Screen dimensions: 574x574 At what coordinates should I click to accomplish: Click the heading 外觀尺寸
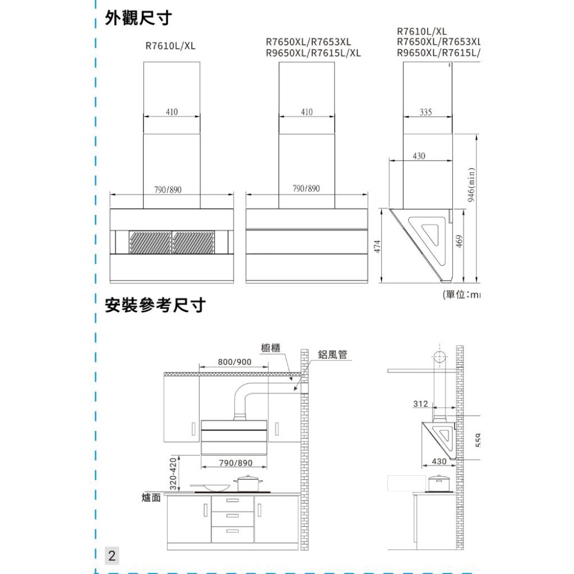pos(137,18)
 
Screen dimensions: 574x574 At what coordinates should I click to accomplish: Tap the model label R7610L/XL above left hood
pos(170,46)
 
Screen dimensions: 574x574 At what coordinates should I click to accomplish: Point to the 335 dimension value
pos(425,111)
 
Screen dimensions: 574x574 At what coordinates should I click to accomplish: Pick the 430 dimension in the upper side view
pos(419,156)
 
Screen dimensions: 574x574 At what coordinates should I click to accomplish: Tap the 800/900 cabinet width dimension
pos(235,362)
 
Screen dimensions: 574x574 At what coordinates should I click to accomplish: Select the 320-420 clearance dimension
pos(172,474)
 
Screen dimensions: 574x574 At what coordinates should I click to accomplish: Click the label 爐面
pos(150,497)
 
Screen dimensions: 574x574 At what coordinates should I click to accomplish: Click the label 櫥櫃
pos(270,347)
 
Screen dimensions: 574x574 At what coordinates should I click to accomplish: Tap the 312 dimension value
pos(420,404)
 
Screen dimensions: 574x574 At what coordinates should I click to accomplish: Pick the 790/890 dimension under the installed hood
pos(236,463)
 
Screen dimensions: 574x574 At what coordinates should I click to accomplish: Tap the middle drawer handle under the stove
pos(232,516)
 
